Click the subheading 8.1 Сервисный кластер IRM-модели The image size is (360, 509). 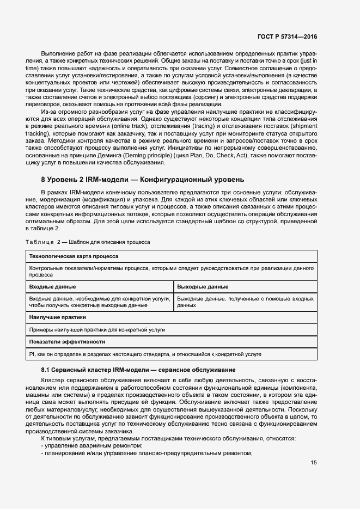138,370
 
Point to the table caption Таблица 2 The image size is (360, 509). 88,241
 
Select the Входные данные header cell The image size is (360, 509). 52,286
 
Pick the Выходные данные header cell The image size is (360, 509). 203,286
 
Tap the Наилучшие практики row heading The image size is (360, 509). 57,317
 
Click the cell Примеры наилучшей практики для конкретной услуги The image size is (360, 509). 97,329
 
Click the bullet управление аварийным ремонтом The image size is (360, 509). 77,445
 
